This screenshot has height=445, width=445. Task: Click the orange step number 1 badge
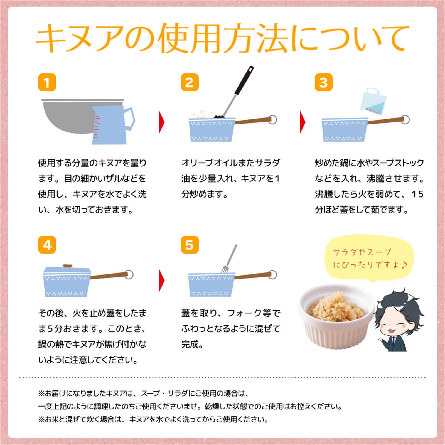point(47,82)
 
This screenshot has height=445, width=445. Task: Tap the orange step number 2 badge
point(190,82)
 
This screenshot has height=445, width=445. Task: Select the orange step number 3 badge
point(323,82)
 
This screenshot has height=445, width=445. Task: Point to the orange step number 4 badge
point(47,245)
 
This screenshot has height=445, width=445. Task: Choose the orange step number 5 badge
point(190,245)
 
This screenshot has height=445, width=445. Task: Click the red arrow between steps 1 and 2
point(162,122)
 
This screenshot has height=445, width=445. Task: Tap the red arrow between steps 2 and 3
point(303,122)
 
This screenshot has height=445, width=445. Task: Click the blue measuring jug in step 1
point(111,125)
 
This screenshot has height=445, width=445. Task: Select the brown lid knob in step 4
point(68,266)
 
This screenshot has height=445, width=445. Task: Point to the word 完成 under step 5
point(192,344)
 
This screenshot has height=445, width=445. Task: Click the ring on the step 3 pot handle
point(405,120)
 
